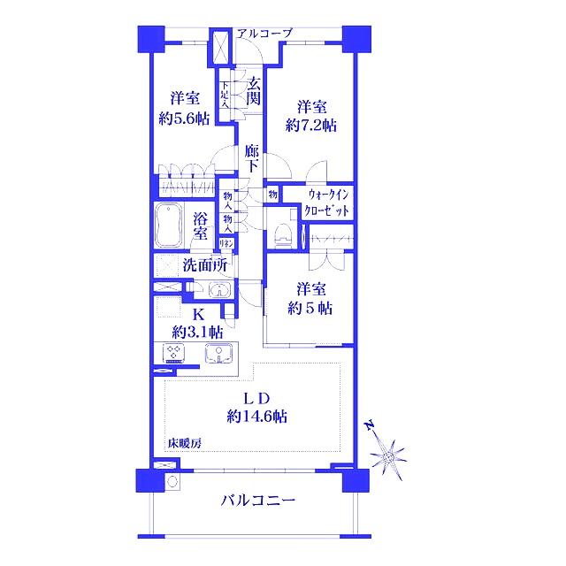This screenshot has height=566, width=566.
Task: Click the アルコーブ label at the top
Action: (x=264, y=34)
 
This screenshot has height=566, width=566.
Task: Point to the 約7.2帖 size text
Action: (x=311, y=125)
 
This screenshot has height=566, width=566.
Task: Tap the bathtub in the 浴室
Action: (x=169, y=226)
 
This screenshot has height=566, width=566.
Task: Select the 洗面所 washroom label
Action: (x=206, y=264)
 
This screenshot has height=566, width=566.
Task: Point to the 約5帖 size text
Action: (x=312, y=308)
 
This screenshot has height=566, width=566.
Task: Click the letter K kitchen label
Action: (x=198, y=314)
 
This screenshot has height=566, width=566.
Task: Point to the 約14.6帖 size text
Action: (x=256, y=415)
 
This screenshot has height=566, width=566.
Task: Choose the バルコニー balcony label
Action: (x=257, y=501)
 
